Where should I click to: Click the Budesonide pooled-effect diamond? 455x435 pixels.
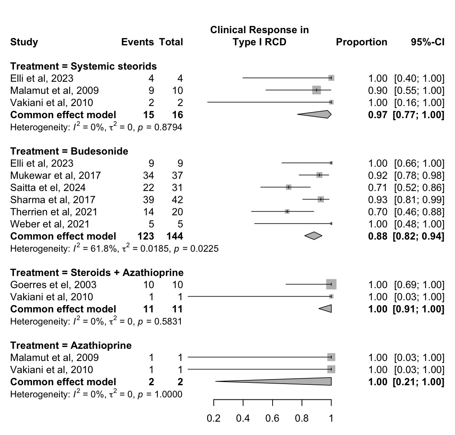point(313,236)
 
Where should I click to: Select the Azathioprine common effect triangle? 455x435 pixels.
point(290,381)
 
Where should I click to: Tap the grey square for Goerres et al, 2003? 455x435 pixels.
point(331,284)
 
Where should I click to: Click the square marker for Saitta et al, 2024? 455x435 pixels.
point(288,187)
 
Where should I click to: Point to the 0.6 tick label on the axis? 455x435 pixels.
point(272,418)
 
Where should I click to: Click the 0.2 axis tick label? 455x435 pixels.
point(214,418)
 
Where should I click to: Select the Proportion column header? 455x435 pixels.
point(362,42)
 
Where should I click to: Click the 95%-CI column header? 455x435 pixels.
point(427,42)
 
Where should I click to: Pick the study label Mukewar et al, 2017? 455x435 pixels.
point(55,175)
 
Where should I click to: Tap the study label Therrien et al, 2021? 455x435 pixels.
point(54,212)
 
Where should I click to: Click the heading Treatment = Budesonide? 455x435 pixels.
point(69,151)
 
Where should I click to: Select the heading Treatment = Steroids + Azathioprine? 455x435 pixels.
point(97,273)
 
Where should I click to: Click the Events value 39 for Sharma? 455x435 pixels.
point(148,200)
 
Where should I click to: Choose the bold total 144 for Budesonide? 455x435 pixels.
point(175,236)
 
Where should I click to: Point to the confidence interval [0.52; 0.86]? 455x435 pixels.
point(419,188)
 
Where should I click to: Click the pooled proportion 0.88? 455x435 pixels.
point(377,236)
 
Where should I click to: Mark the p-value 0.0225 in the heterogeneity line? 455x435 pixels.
point(204,249)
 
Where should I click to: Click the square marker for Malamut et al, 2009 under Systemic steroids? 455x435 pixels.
point(317,90)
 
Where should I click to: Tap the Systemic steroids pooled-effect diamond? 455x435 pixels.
point(314,115)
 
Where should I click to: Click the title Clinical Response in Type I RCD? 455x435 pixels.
point(259,36)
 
